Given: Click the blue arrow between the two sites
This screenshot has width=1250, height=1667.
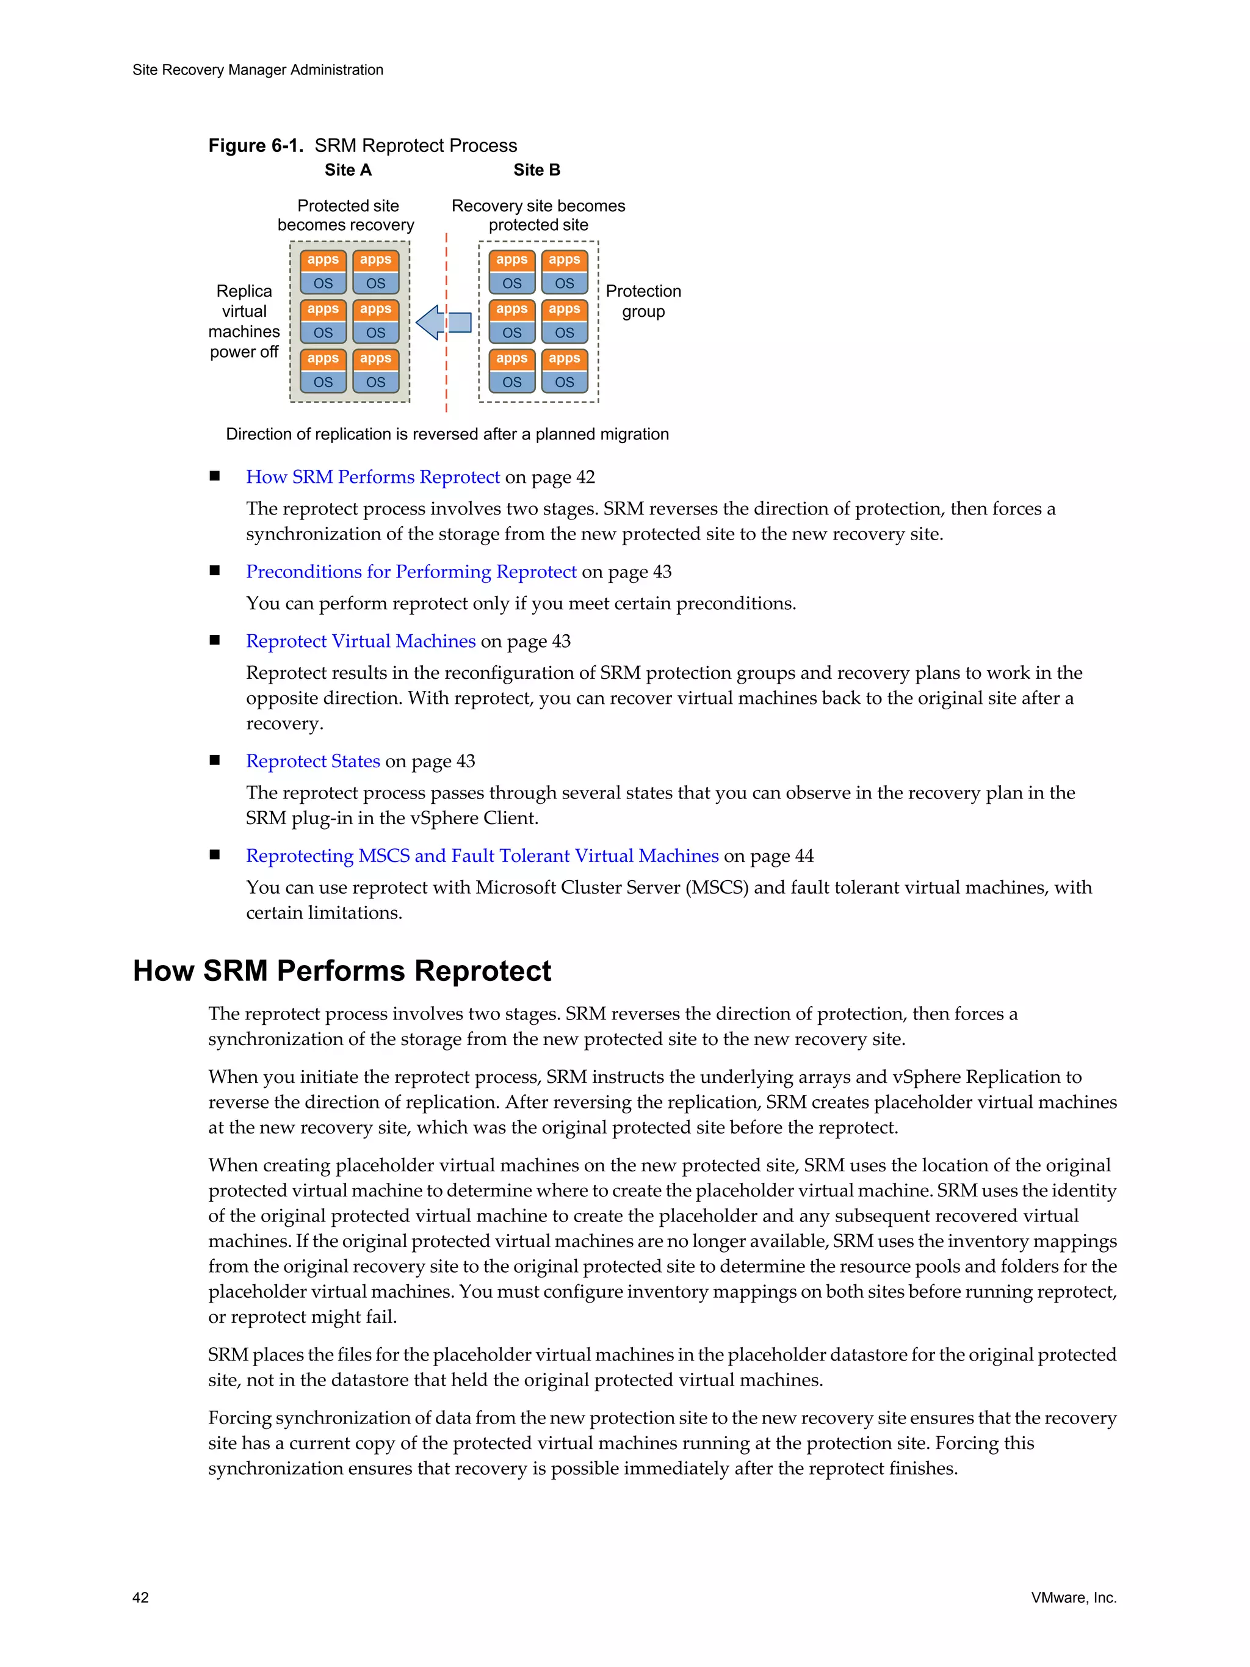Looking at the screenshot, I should click(443, 322).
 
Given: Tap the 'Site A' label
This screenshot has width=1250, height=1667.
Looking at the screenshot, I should click(348, 170).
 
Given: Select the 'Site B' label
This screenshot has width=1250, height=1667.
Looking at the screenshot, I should click(536, 170).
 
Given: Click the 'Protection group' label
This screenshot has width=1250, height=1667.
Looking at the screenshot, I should click(643, 302).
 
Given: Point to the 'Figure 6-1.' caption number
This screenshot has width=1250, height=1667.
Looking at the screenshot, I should click(255, 145).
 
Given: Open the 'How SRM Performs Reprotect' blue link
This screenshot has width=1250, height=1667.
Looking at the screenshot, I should click(373, 477).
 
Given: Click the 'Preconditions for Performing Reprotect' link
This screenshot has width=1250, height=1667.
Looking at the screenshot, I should click(411, 572).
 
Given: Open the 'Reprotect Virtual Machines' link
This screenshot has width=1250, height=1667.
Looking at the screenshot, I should click(361, 642).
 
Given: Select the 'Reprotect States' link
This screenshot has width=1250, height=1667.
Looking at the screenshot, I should click(312, 761).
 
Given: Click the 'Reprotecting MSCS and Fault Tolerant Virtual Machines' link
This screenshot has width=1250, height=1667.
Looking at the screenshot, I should click(482, 856).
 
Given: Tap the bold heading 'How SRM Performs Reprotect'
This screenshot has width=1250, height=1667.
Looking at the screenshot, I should click(342, 971).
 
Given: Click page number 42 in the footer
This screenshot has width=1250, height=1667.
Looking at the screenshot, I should click(141, 1597).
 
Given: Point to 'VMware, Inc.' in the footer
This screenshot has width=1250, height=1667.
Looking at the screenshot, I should click(1074, 1597).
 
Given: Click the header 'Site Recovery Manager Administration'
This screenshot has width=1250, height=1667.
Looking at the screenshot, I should click(258, 70).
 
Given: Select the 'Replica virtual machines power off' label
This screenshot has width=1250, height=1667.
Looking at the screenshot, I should click(244, 322).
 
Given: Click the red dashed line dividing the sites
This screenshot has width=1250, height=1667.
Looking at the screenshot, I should click(446, 377).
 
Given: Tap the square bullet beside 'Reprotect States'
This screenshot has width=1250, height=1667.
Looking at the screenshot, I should click(215, 761).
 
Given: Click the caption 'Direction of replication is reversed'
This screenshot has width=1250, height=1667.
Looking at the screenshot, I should click(447, 434).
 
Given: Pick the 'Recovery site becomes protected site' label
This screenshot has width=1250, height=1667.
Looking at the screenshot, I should click(538, 215).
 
